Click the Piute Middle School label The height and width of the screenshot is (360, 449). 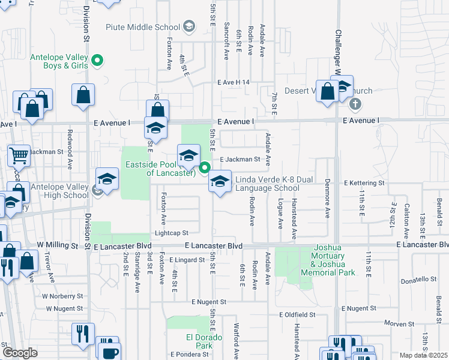pos(143,26)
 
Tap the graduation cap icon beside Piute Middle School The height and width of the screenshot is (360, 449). pos(190,26)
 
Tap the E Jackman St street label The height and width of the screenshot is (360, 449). pos(240,160)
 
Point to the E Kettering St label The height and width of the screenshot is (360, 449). pos(363,182)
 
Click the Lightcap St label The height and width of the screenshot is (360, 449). pos(171,233)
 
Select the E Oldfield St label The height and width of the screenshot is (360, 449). pos(297,314)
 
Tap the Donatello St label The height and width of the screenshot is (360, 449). pos(418,279)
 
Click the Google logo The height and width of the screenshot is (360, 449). pos(20,353)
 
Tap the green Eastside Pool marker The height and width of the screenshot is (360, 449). pos(205,167)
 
